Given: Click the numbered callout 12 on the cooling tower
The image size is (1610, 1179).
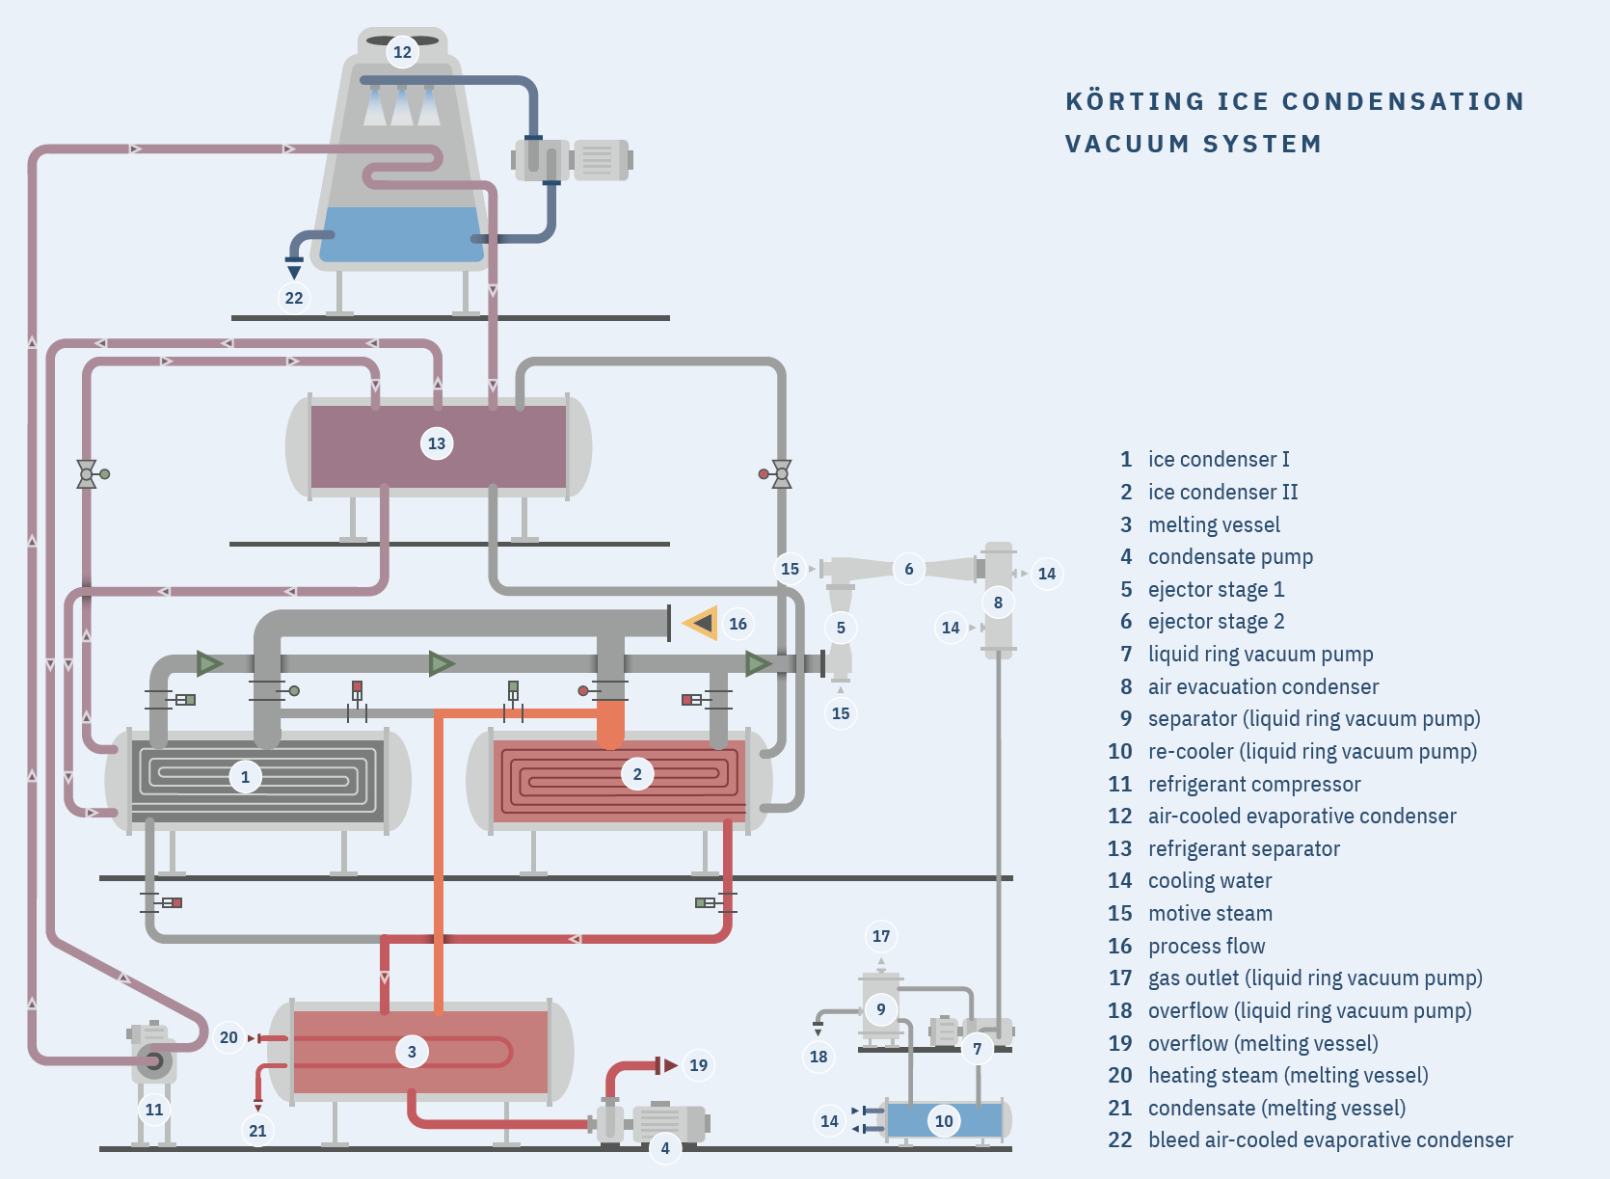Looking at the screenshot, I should coord(402,52).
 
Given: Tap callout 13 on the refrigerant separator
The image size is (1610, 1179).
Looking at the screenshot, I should coord(437,443).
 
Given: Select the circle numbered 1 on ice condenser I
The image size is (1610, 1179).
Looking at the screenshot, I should coord(245,777).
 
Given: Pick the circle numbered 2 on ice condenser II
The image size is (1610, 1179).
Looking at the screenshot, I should coord(636,774).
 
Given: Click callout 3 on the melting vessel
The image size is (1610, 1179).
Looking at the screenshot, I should coord(412,1052).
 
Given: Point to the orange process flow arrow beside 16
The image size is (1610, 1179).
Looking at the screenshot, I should coord(701,624).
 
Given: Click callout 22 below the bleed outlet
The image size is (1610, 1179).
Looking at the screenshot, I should coord(294,298).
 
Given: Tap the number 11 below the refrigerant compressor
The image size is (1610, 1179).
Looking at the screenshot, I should coord(154,1110).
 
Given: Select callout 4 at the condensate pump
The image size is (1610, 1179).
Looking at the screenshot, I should coord(665,1147).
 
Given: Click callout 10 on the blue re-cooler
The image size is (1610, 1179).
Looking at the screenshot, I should coord(944,1121).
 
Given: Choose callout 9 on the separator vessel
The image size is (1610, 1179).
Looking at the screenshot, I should coord(881,1009).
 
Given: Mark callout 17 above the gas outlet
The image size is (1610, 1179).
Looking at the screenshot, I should coord(881,936).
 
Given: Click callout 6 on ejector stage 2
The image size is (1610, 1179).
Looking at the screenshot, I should coord(908,569).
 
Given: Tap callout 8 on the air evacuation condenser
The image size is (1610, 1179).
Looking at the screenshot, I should coord(998,603).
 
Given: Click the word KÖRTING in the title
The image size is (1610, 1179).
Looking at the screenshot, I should coord(1135,101).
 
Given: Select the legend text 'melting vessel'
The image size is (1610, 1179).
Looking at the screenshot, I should coord(1214,524).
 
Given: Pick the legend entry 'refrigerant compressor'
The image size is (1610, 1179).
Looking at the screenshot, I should coord(1253,784).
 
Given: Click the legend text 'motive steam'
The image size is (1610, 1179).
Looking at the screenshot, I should coord(1210,913).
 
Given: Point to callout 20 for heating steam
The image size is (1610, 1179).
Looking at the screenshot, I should coord(228,1037).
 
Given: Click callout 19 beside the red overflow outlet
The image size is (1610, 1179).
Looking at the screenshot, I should coord(698,1065).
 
